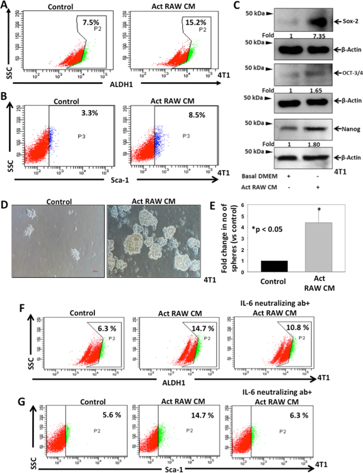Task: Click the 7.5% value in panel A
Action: (88, 23)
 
